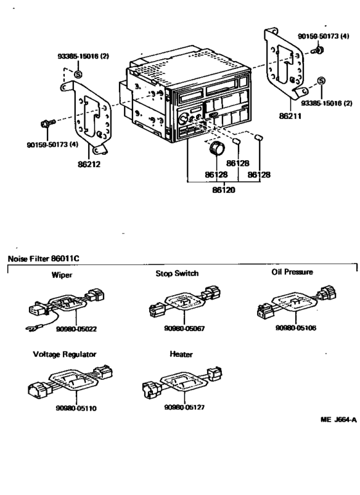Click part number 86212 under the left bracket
[x=91, y=164]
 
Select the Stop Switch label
[x=177, y=274]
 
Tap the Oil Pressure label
[x=292, y=273]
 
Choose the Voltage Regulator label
[x=64, y=354]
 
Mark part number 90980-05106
[x=296, y=327]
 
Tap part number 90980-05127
[x=185, y=408]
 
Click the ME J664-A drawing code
[x=337, y=419]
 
